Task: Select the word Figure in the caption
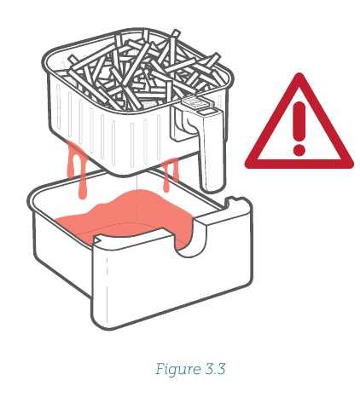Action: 174,370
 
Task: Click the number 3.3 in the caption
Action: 215,369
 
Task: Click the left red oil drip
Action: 77,168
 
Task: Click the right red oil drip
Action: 170,173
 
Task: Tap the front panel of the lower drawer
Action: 171,284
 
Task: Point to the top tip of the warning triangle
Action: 299,73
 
